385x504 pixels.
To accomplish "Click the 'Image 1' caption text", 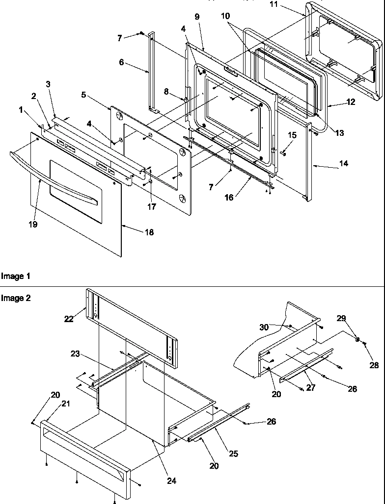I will pyautogui.click(x=16, y=277).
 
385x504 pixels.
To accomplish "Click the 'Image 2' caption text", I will pyautogui.click(x=16, y=298).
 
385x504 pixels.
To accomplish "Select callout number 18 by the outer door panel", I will pyautogui.click(x=148, y=232).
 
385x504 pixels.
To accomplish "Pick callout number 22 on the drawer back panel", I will pyautogui.click(x=69, y=319).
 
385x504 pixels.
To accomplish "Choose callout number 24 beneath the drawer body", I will pyautogui.click(x=171, y=481).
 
